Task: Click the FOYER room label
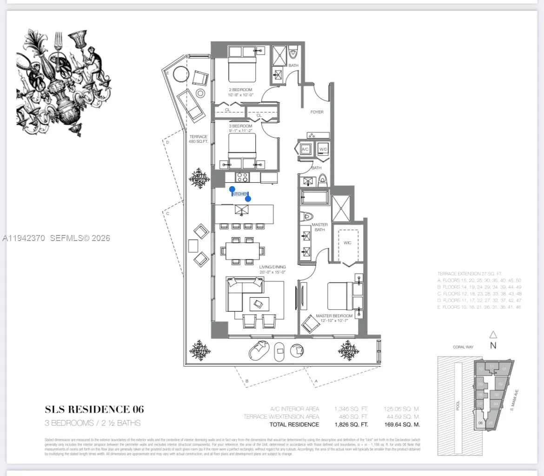click(317, 112)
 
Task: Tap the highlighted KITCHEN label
click(240, 194)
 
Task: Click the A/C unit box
click(305, 149)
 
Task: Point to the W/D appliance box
click(323, 149)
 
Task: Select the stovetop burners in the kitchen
click(243, 177)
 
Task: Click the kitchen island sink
click(242, 211)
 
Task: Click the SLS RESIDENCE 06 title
click(94, 409)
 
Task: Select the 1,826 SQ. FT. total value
click(351, 424)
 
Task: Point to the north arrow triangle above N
click(493, 335)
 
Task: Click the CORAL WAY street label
click(463, 347)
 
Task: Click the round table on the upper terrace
click(200, 93)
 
